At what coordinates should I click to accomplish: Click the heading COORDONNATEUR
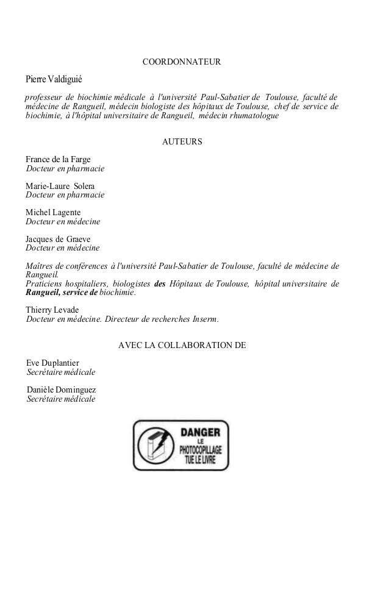181,63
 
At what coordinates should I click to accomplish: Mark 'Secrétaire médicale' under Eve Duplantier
61,372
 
